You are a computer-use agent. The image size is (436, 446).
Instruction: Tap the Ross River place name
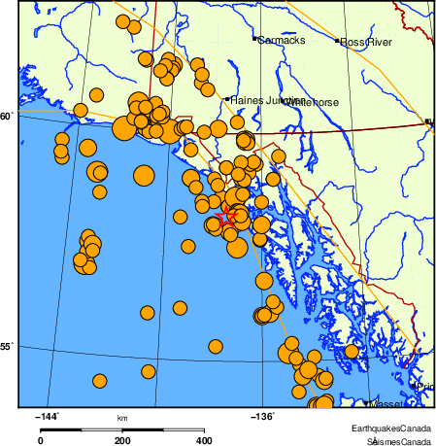[366, 41]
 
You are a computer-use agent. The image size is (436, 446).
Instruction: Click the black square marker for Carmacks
[254, 40]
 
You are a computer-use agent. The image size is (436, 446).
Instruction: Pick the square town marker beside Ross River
[338, 41]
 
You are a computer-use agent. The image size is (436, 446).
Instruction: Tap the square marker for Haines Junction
[226, 99]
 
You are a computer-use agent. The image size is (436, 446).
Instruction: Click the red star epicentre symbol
[225, 218]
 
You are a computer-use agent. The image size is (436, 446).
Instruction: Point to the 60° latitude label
[6, 117]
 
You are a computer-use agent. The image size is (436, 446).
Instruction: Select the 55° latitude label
[6, 346]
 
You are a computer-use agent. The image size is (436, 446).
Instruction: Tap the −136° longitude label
[263, 416]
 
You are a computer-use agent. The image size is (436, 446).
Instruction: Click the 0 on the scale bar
[40, 440]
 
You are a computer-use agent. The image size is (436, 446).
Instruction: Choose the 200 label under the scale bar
[122, 440]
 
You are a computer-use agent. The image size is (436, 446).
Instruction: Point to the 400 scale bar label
[204, 440]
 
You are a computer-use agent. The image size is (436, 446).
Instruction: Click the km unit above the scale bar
[122, 419]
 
